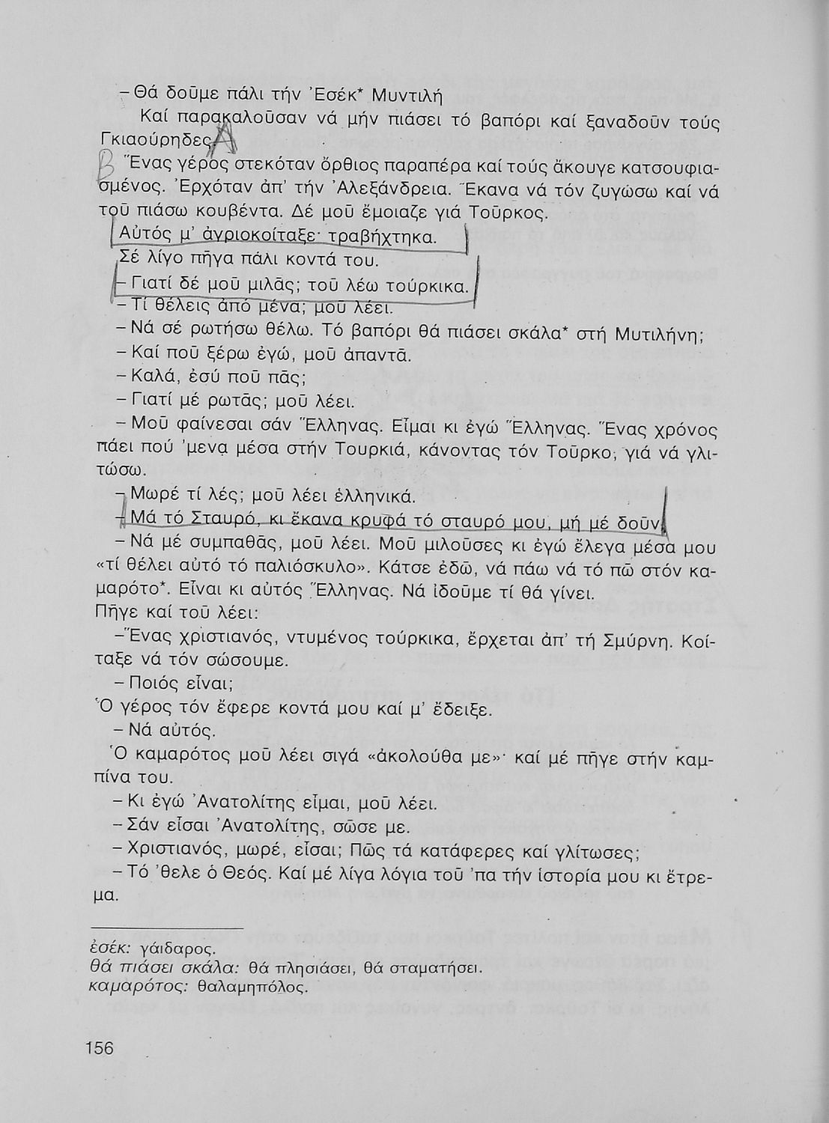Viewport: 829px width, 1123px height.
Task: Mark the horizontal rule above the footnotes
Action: [x=166, y=928]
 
